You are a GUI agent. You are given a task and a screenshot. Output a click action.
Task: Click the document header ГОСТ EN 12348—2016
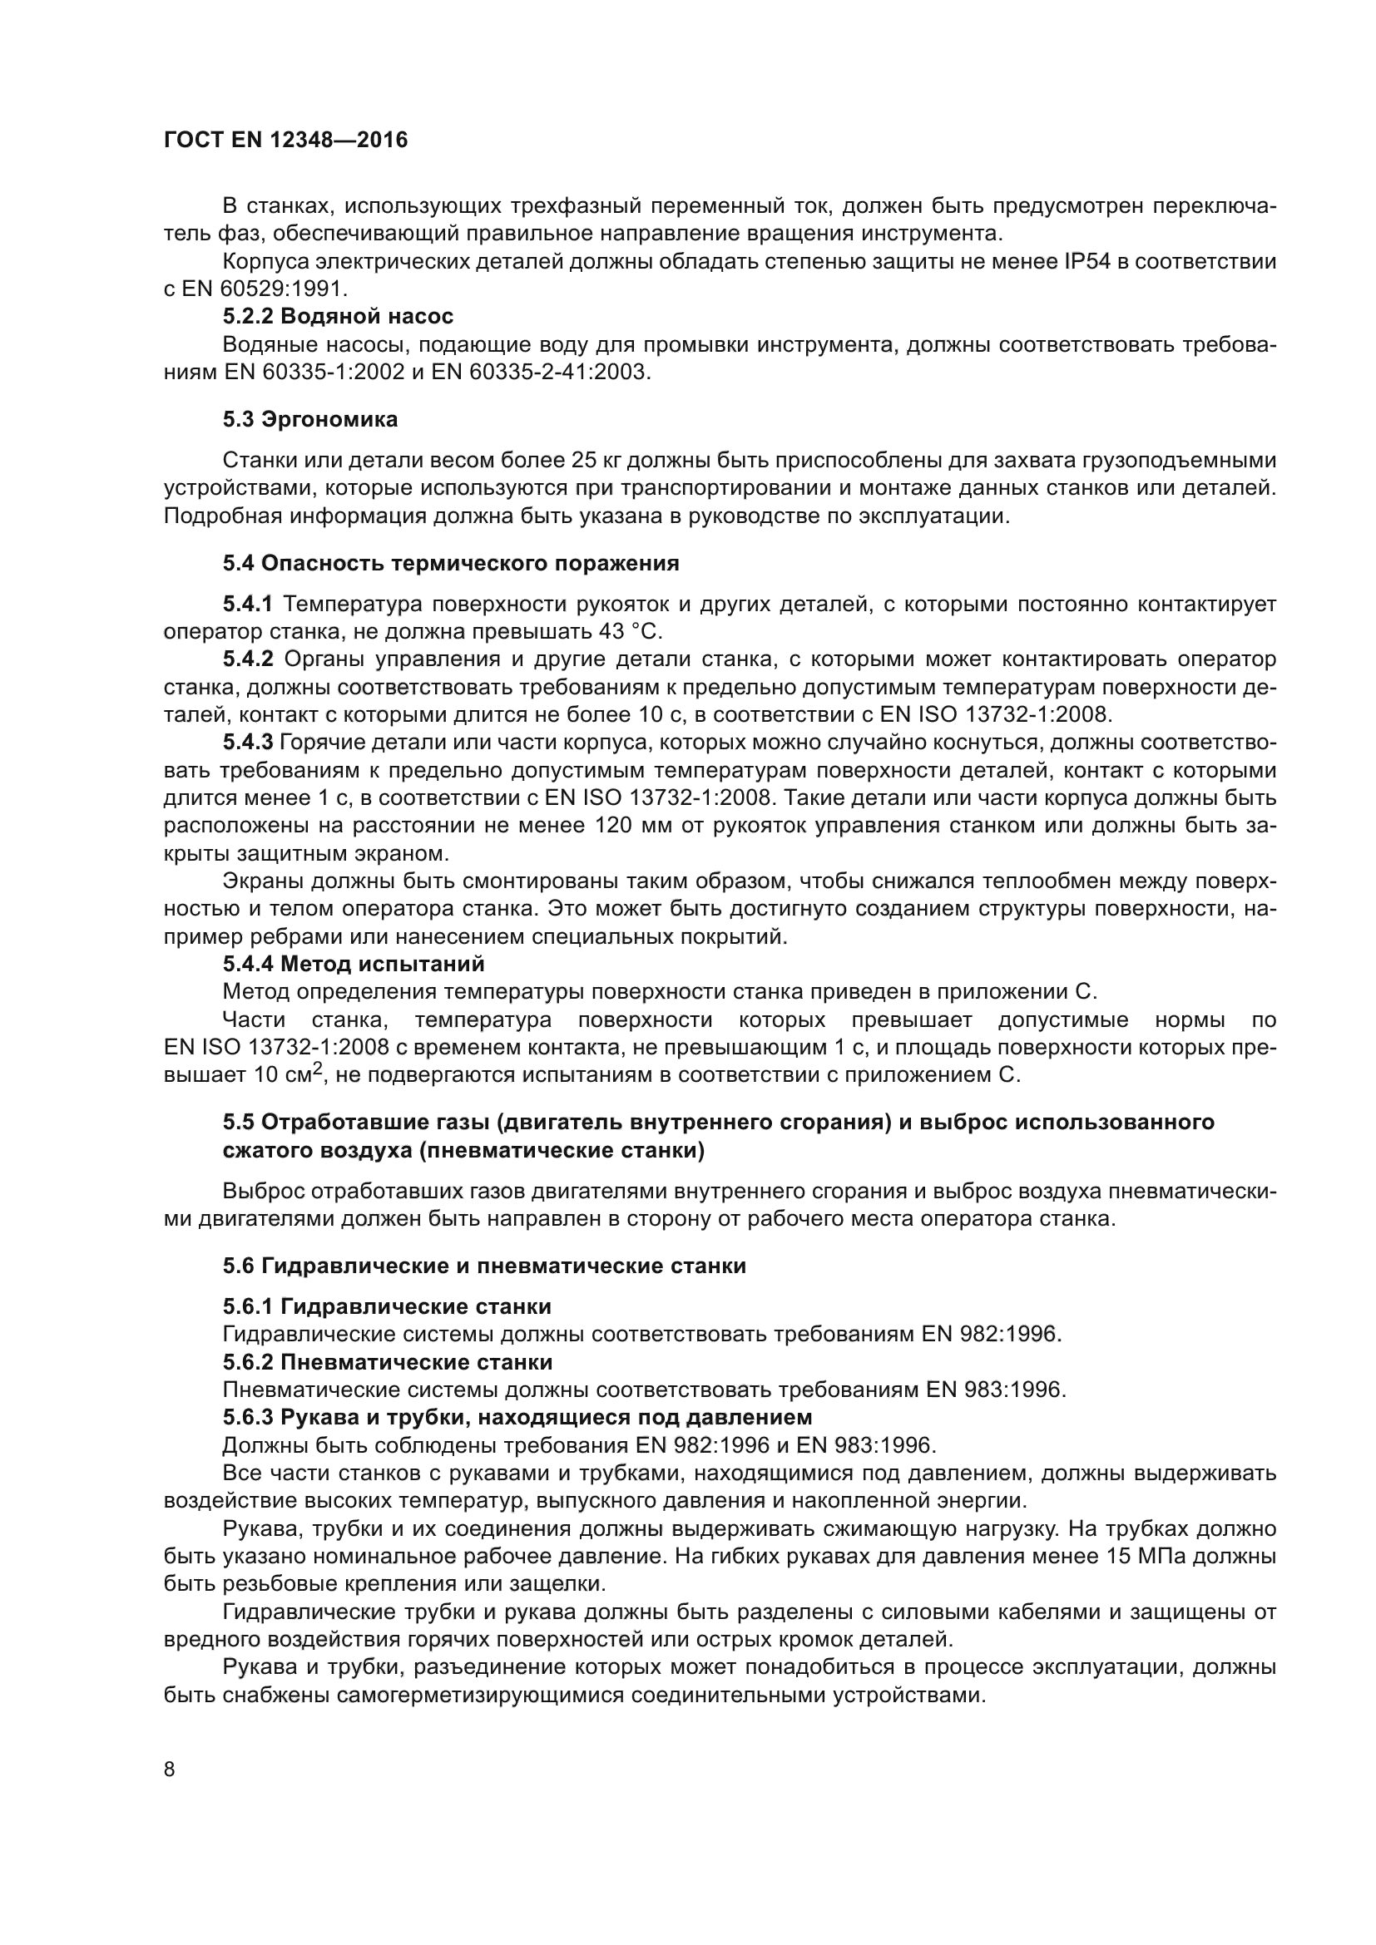(x=285, y=140)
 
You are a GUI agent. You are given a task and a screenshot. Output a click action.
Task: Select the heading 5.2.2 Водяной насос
(x=338, y=317)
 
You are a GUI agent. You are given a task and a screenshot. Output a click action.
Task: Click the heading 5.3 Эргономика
(x=310, y=419)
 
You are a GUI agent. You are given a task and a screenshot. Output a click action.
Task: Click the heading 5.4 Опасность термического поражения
(x=451, y=563)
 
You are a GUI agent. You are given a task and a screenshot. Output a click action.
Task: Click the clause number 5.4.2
(x=248, y=659)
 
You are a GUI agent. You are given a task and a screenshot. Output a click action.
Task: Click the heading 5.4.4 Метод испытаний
(x=354, y=964)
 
